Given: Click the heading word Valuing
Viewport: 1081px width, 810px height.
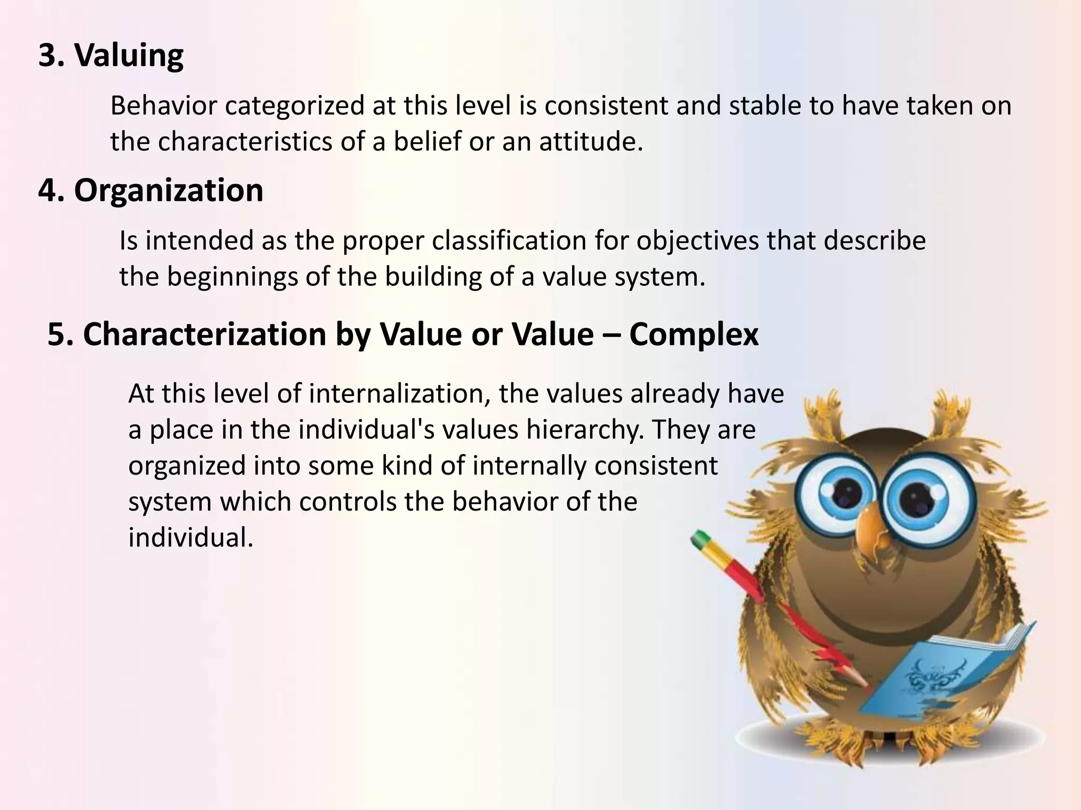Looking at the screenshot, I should coord(129,55).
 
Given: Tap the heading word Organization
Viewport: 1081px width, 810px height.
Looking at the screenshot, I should coord(168,190).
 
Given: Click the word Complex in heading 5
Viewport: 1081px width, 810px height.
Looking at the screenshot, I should coord(694,334).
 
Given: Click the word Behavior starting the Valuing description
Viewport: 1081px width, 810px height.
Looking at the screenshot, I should coord(164,106).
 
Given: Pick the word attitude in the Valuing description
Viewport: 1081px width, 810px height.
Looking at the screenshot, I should coord(591,142).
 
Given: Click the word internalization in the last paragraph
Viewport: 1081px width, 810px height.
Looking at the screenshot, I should coord(399,394).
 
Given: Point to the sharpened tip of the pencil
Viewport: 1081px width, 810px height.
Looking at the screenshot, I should coord(866,686).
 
